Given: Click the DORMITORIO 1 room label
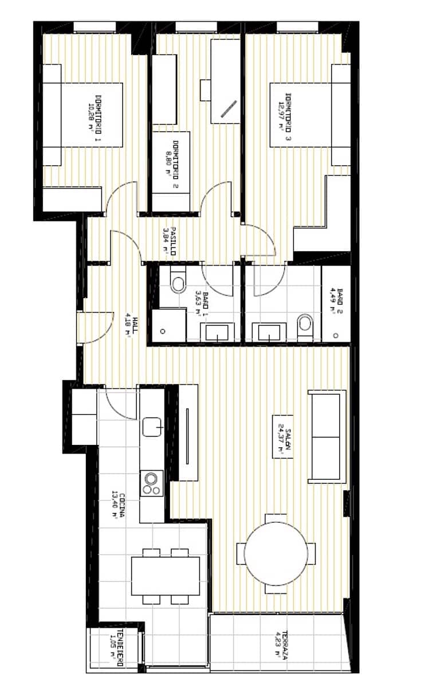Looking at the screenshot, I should tap(94, 113).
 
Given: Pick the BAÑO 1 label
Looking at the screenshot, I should tap(202, 301).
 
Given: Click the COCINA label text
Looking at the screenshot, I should tap(118, 505).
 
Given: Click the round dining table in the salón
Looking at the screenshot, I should tap(276, 554).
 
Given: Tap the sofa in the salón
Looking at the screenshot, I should tap(327, 436).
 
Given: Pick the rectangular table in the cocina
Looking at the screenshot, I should tap(166, 576).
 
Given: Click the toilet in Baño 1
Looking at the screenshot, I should tap(179, 283).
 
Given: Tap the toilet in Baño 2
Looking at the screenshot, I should tap(304, 325).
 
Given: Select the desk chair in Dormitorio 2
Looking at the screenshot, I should tap(206, 90).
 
